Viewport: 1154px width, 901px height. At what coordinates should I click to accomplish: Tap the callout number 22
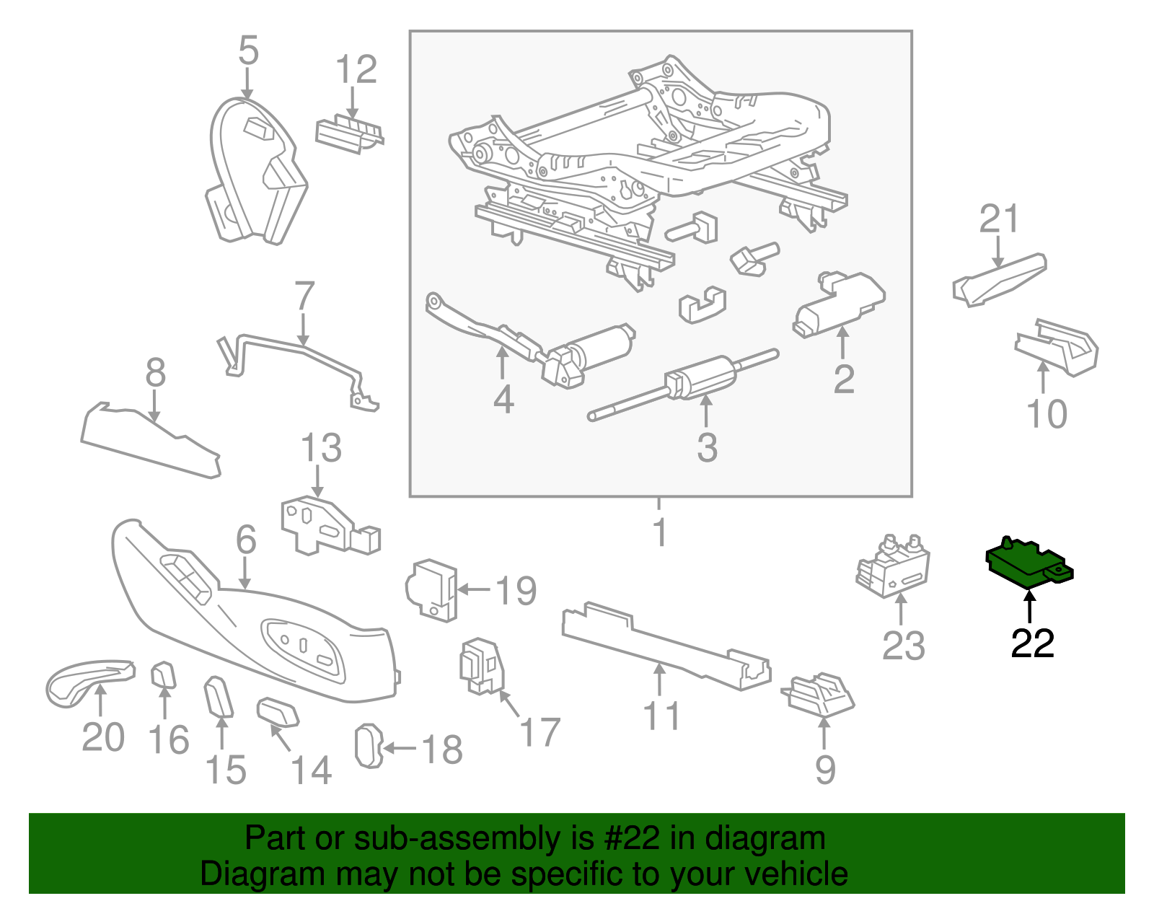1032,643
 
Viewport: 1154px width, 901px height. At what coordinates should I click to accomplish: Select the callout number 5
248,51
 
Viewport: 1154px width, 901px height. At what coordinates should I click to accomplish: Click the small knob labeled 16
164,676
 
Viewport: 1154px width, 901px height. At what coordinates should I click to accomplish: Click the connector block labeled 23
893,566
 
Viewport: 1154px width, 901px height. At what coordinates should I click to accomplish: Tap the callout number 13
321,449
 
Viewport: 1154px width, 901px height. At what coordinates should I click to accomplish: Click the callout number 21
1000,219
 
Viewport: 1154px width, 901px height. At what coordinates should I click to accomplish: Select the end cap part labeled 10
1058,347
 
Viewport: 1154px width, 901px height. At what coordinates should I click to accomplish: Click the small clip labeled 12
348,134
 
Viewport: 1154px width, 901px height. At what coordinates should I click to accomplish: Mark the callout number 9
825,770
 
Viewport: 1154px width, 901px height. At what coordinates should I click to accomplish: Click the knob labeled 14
278,712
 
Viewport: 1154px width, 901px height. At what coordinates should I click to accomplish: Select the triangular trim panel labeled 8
148,440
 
